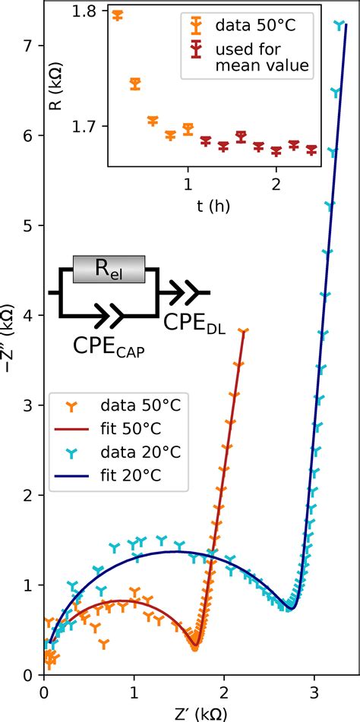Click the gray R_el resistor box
(113, 270)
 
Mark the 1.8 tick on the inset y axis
(93, 13)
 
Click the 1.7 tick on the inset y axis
(93, 126)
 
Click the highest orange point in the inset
(117, 14)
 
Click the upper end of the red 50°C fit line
(244, 330)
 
